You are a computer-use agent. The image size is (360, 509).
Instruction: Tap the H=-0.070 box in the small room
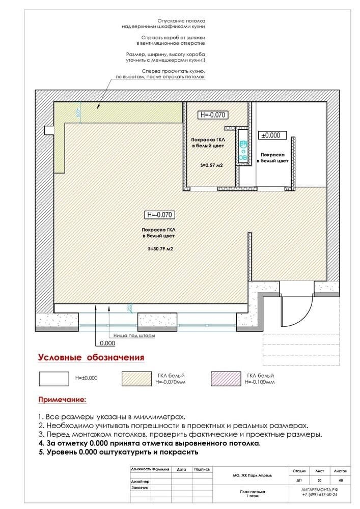click(213, 115)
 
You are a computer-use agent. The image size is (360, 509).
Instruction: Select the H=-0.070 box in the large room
click(160, 215)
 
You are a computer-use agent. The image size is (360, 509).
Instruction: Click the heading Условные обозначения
click(91, 357)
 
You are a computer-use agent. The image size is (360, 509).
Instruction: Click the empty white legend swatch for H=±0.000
click(53, 378)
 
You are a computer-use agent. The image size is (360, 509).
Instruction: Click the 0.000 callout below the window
click(107, 343)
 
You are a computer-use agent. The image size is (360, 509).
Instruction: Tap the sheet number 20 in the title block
click(319, 479)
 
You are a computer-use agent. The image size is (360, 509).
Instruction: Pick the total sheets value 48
click(340, 479)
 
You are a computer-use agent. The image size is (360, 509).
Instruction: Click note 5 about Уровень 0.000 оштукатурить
click(118, 452)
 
